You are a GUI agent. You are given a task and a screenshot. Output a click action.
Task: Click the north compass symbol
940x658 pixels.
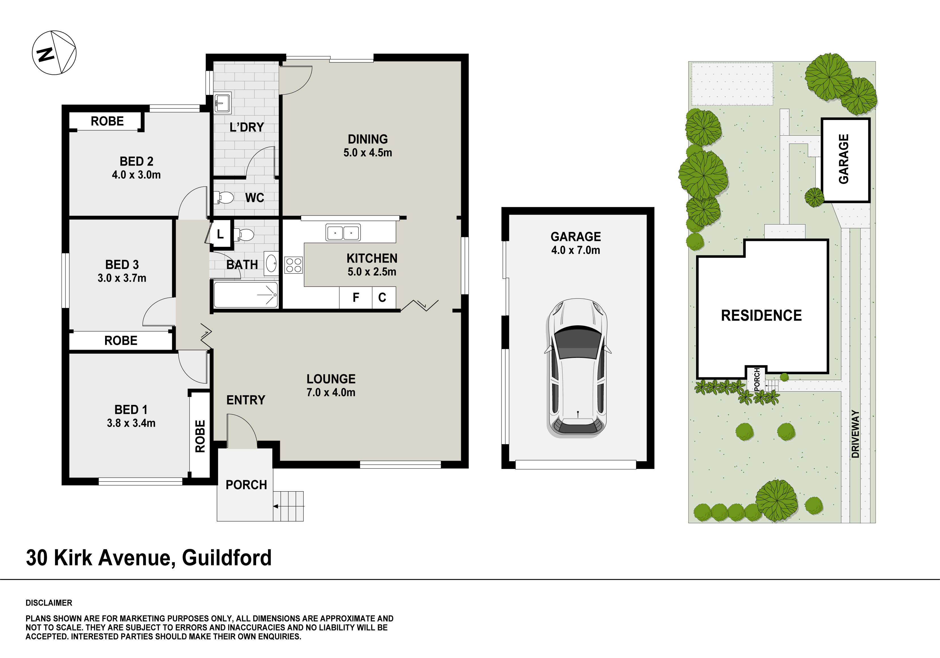pos(54,53)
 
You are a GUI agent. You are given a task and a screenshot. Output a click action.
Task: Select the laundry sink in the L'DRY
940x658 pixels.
pos(223,102)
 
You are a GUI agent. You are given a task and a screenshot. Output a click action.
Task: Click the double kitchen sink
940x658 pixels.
pos(343,232)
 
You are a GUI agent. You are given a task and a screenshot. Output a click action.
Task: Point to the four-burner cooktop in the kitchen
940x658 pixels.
pos(294,265)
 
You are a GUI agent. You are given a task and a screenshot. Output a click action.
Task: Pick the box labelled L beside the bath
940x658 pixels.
pos(220,234)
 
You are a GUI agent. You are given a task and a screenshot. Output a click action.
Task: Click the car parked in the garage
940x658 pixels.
pos(577,368)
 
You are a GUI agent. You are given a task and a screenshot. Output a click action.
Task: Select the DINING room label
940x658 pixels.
pos(368,139)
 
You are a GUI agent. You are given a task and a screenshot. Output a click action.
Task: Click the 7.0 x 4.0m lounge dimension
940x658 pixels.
pos(331,392)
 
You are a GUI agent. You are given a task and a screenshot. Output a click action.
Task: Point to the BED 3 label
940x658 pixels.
pos(122,265)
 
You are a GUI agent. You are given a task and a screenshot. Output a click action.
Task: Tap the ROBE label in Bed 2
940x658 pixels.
pos(107,121)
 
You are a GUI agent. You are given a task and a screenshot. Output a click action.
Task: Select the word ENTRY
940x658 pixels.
pos(246,400)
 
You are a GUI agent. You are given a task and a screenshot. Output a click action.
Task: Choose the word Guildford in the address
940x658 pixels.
pos(227,558)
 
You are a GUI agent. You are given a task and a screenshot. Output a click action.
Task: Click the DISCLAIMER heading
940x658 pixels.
pos(49,603)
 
